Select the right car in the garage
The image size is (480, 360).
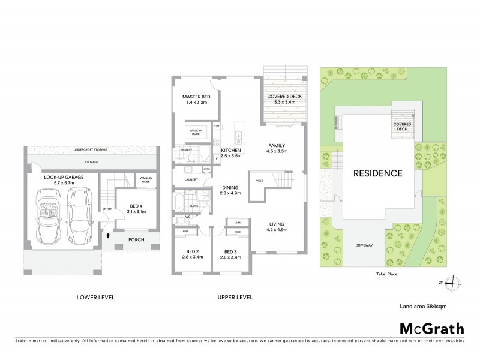79,212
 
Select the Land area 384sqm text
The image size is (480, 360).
423,306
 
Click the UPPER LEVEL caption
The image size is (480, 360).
236,297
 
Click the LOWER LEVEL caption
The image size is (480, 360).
95,297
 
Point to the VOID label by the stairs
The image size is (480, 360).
259,180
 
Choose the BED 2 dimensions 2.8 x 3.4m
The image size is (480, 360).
192,257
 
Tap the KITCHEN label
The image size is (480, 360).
230,150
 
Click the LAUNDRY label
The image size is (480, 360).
191,179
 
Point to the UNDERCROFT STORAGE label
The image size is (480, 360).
91,149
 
